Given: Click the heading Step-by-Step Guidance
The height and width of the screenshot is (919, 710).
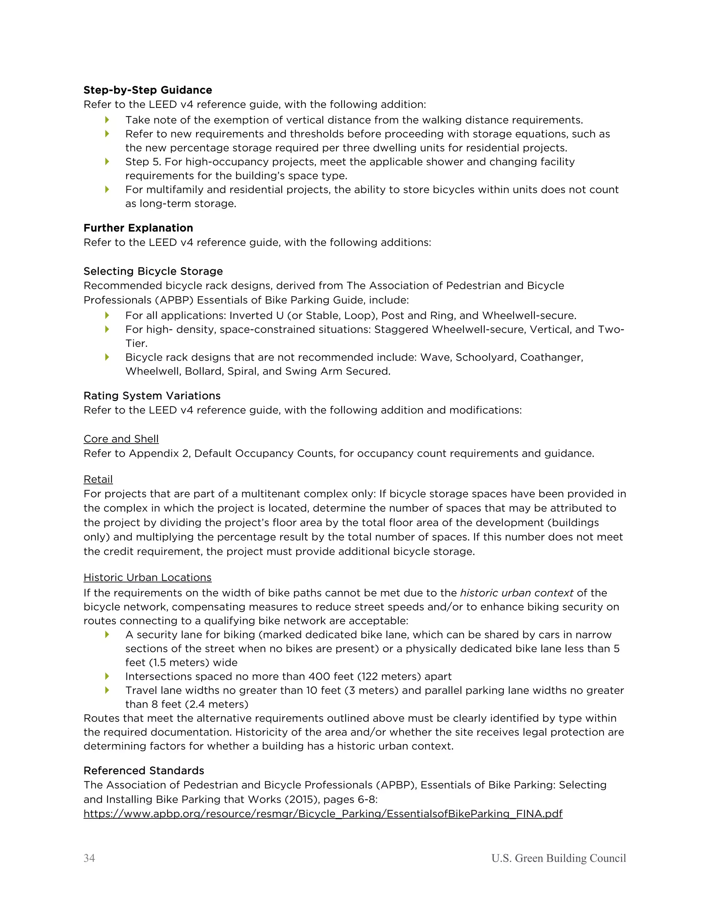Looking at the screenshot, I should pyautogui.click(x=148, y=90).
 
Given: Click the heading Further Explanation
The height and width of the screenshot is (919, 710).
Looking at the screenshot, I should pyautogui.click(x=138, y=228).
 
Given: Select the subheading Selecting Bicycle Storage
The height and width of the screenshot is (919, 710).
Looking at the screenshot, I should pyautogui.click(x=153, y=272).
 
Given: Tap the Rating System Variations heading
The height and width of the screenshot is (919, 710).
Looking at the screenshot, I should pyautogui.click(x=152, y=396).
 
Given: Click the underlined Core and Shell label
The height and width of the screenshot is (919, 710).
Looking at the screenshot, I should pyautogui.click(x=121, y=439).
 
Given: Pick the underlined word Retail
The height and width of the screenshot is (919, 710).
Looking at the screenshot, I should pyautogui.click(x=98, y=479).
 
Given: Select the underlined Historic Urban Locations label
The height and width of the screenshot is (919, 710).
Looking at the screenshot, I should pyautogui.click(x=147, y=577).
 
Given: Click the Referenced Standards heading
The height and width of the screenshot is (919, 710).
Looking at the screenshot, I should pyautogui.click(x=144, y=771).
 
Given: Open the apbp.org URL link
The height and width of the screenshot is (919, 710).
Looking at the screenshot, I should pyautogui.click(x=323, y=814).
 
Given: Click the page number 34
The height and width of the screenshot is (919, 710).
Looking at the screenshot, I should pyautogui.click(x=89, y=858).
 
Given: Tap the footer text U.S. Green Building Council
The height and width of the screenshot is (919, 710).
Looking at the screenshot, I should pyautogui.click(x=559, y=858).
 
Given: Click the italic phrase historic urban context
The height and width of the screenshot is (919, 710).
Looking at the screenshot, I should pyautogui.click(x=517, y=593).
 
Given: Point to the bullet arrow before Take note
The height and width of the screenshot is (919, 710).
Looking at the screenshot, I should pyautogui.click(x=107, y=120).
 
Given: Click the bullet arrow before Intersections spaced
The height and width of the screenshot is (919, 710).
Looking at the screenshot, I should pyautogui.click(x=107, y=676).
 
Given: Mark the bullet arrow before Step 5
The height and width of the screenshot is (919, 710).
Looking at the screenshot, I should pyautogui.click(x=107, y=162).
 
